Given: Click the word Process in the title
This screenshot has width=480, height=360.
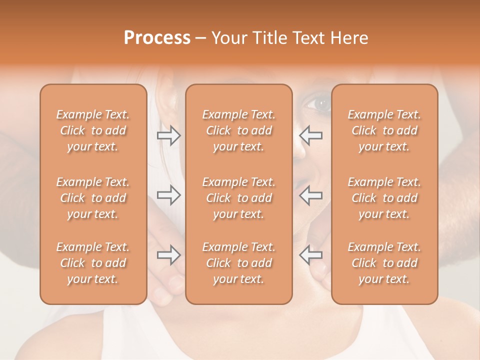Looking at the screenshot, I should (157, 38).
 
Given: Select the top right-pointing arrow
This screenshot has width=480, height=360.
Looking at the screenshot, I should (169, 135).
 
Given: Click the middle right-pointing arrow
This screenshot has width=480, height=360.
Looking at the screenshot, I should (169, 194).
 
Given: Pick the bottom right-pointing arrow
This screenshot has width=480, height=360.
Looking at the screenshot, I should (169, 255).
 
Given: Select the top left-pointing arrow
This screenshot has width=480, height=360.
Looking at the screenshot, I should (310, 135).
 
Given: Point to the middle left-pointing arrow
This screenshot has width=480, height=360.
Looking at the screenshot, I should (310, 194).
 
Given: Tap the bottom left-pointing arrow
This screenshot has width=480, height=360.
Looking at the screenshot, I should (310, 255).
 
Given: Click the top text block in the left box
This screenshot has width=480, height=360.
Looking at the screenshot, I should (93, 130).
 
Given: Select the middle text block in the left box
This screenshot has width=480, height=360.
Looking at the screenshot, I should (93, 198).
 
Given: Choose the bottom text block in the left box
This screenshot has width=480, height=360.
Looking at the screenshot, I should (93, 263).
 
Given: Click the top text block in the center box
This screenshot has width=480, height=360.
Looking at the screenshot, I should (238, 130).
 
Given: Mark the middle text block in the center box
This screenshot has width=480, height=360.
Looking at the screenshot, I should (238, 198).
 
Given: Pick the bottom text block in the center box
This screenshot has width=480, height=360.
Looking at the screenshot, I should (238, 263).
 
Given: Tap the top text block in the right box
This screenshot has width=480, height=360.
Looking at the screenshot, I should (384, 130).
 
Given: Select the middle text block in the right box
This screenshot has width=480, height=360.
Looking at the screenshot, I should (384, 198).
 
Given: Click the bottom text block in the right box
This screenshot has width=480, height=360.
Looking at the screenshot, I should (384, 263).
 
